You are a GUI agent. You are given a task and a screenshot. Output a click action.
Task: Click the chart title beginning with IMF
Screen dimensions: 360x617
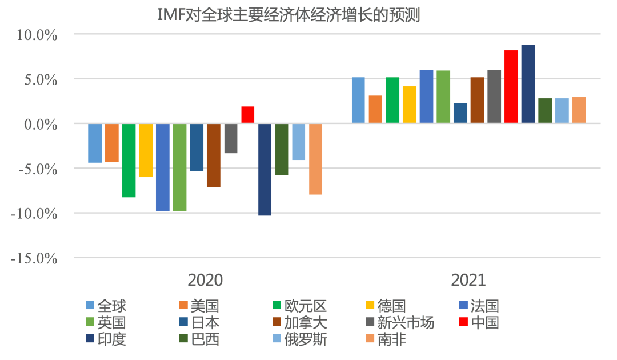pyautogui.click(x=289, y=15)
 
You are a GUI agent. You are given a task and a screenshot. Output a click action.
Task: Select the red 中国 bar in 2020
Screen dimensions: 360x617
pyautogui.click(x=247, y=115)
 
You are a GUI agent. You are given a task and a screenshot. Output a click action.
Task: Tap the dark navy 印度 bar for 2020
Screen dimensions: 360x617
pyautogui.click(x=265, y=169)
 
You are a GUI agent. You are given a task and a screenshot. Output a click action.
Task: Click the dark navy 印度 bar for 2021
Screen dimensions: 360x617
pyautogui.click(x=528, y=84)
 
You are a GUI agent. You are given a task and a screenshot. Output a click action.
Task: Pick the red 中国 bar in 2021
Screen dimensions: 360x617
pyautogui.click(x=511, y=86)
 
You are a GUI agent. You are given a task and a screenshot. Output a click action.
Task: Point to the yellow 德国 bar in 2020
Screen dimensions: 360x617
pyautogui.click(x=146, y=150)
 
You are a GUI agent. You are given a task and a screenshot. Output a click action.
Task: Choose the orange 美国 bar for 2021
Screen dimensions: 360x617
pyautogui.click(x=375, y=109)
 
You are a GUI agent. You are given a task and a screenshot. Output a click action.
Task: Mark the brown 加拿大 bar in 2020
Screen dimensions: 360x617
pyautogui.click(x=214, y=155)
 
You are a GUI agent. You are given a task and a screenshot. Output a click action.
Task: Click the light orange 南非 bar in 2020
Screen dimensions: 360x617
pyautogui.click(x=315, y=159)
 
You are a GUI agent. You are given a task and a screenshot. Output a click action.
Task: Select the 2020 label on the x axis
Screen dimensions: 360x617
pyautogui.click(x=205, y=280)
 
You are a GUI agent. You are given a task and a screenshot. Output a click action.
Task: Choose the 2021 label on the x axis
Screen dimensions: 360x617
pyautogui.click(x=468, y=280)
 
